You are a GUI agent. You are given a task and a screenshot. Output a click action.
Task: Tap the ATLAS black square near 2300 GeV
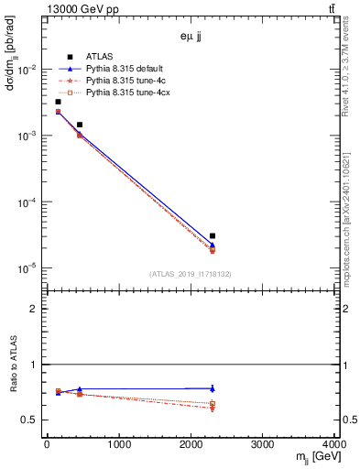pos(213,235)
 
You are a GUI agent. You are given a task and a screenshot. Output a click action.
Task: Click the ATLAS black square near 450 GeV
pos(80,125)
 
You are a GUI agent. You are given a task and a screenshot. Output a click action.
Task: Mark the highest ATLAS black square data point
pos(58,102)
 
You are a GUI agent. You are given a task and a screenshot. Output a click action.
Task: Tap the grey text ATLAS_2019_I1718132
pos(191,274)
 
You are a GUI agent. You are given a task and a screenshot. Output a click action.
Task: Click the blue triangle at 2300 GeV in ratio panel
pos(213,388)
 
